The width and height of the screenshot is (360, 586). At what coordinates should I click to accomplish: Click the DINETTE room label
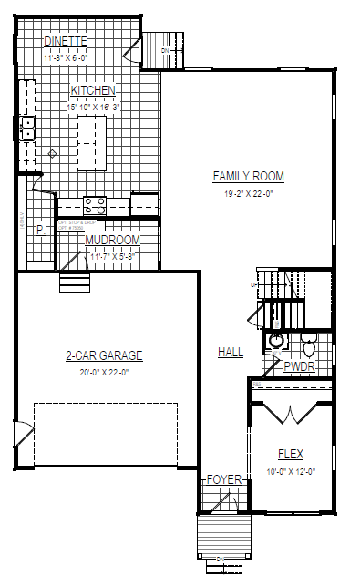click(65, 41)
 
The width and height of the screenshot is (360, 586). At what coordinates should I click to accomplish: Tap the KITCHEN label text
click(93, 90)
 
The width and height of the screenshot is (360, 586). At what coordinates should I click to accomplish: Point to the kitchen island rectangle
click(90, 142)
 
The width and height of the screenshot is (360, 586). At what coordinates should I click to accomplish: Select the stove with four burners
click(95, 205)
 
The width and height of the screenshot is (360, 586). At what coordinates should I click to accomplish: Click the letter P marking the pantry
click(39, 230)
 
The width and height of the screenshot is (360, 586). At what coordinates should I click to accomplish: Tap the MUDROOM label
click(112, 240)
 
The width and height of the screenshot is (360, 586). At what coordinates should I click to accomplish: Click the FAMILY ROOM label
click(249, 176)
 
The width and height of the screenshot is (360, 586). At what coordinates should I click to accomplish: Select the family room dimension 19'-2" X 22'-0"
click(249, 193)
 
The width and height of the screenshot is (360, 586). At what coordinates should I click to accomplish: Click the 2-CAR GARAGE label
click(104, 355)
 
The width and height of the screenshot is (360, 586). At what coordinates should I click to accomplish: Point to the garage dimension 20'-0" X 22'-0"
click(104, 371)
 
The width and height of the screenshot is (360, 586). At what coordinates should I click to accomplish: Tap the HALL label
click(231, 352)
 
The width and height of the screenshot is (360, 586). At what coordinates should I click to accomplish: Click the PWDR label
click(299, 366)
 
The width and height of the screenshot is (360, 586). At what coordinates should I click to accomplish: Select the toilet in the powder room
click(308, 346)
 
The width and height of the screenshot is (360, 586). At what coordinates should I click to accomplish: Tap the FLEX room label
click(291, 454)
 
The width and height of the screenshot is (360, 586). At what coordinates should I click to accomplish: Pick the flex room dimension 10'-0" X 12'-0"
click(291, 470)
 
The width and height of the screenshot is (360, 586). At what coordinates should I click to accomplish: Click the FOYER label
click(224, 479)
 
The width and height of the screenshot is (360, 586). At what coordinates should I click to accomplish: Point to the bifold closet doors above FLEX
click(290, 412)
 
